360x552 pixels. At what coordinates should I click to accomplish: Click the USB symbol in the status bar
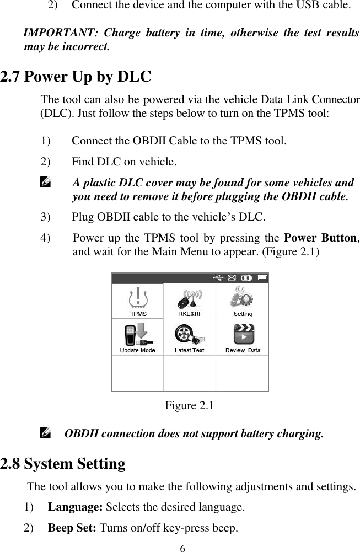coord(218,278)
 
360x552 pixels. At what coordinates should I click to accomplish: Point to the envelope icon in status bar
coord(232,278)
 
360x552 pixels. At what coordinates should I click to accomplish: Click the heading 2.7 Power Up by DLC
coord(76,76)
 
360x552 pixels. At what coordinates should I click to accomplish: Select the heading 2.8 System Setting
coord(63,463)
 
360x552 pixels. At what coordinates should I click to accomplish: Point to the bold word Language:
coord(76,507)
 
